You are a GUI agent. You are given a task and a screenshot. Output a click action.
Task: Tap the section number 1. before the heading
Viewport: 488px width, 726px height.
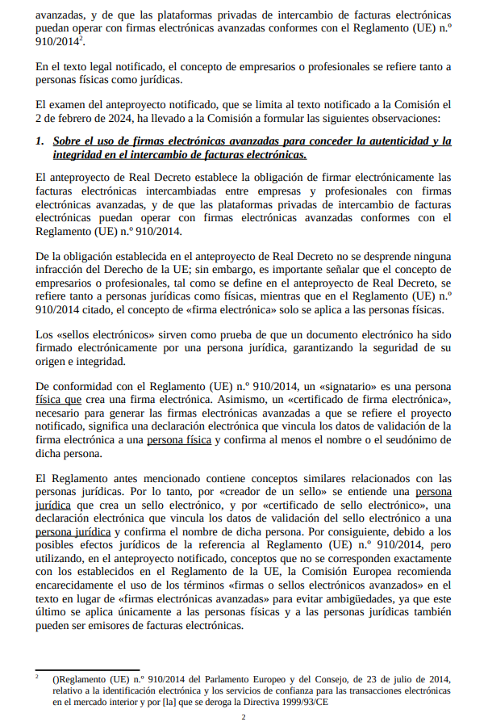point(41,141)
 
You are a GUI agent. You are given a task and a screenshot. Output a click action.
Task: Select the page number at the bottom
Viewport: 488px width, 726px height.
point(244,716)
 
